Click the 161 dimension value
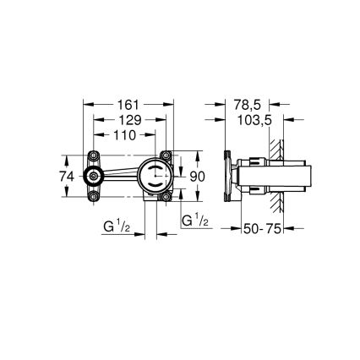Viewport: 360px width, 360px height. tap(129, 105)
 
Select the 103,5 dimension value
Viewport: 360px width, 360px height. tap(254, 121)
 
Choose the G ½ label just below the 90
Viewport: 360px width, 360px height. tap(195, 220)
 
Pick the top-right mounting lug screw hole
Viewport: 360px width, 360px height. tap(167, 155)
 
